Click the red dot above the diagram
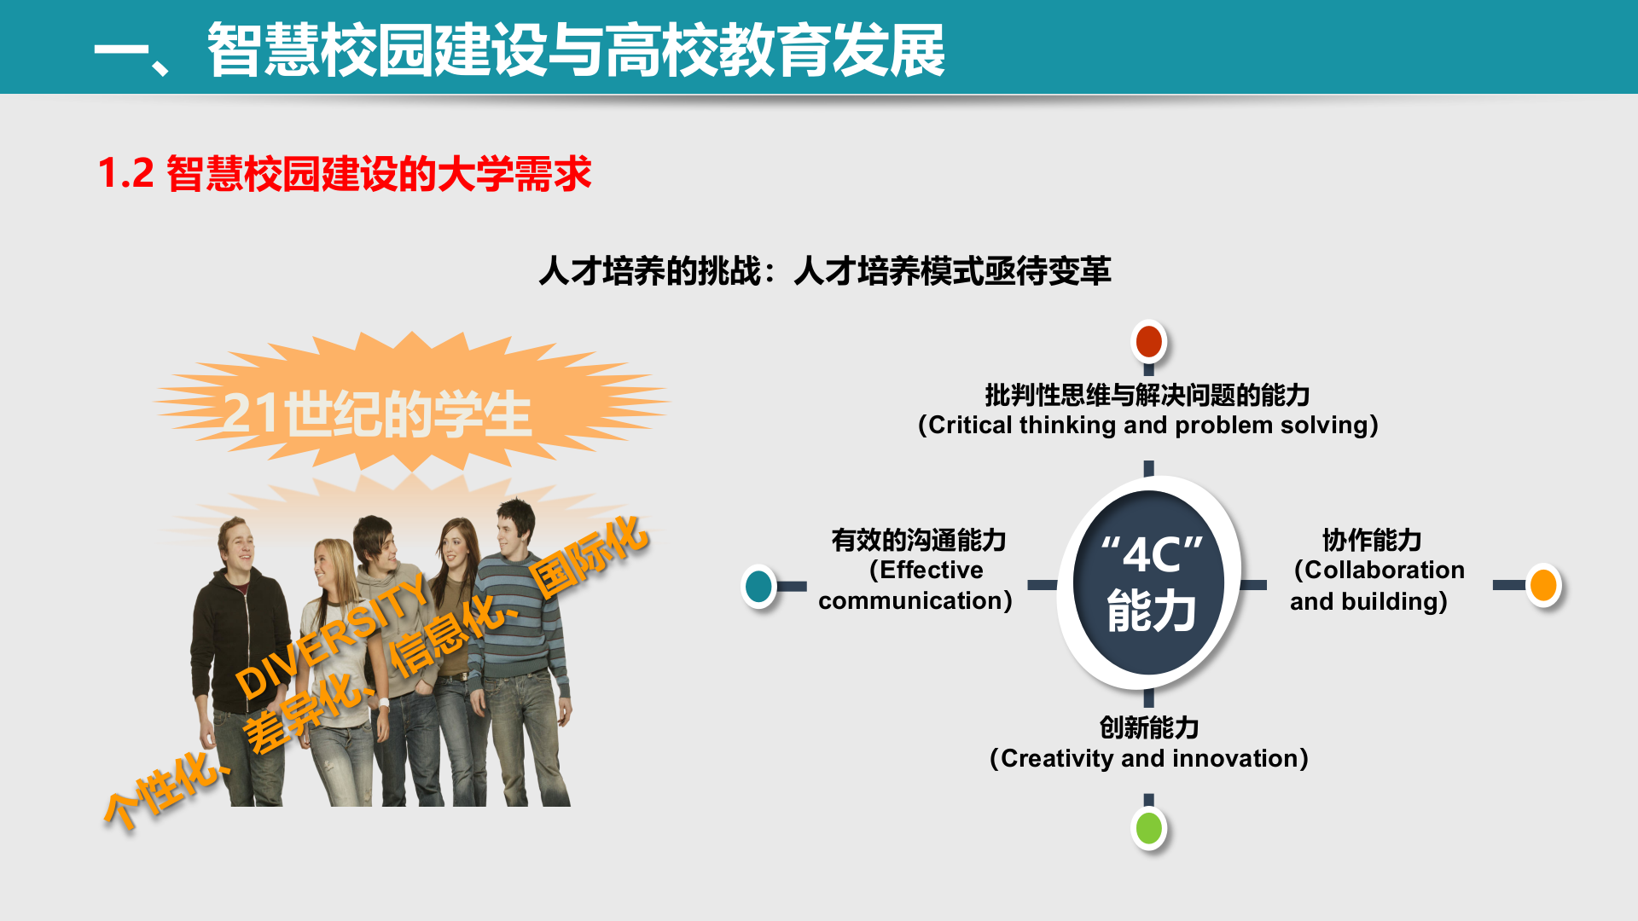click(1149, 341)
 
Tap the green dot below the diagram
click(1149, 828)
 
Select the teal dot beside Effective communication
click(758, 586)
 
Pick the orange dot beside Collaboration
click(1543, 585)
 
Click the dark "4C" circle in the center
click(1149, 583)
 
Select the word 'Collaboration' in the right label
click(1385, 570)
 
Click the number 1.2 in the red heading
click(126, 173)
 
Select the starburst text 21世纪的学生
click(377, 415)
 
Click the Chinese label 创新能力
click(1149, 727)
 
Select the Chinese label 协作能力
click(1372, 540)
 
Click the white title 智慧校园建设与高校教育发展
click(577, 50)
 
